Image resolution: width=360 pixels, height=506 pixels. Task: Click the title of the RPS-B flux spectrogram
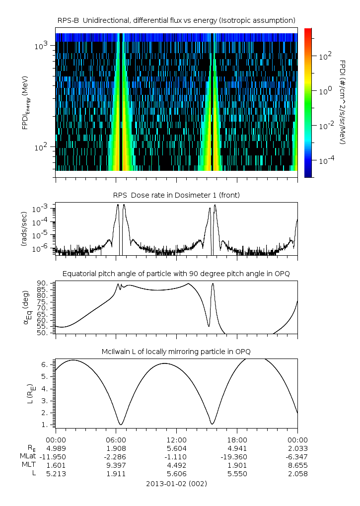pyautogui.click(x=176, y=21)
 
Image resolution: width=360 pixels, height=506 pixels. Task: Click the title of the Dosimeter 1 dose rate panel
pyautogui.click(x=176, y=195)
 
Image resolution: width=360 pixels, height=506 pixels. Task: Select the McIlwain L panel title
pyautogui.click(x=176, y=352)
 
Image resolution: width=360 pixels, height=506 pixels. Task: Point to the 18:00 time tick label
pyautogui.click(x=237, y=440)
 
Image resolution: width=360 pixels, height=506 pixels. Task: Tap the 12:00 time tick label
pyautogui.click(x=176, y=440)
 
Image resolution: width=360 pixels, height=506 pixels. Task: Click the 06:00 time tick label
pyautogui.click(x=116, y=440)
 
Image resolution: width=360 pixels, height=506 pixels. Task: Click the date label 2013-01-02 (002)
pyautogui.click(x=176, y=484)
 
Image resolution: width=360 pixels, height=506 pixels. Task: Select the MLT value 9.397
pyautogui.click(x=116, y=465)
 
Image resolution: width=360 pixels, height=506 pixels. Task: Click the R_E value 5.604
pyautogui.click(x=176, y=448)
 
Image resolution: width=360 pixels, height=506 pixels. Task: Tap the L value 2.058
pyautogui.click(x=298, y=474)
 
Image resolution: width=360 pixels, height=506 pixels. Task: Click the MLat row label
pyautogui.click(x=28, y=456)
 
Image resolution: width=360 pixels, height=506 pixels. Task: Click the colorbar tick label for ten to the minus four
pyautogui.click(x=325, y=160)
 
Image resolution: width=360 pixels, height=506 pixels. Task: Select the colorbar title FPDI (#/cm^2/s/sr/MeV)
pyautogui.click(x=343, y=102)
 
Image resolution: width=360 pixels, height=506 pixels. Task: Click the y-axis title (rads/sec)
pyautogui.click(x=24, y=229)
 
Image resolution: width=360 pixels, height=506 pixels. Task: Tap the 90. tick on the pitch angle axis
pyautogui.click(x=42, y=284)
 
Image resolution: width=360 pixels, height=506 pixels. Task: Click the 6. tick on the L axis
pyautogui.click(x=45, y=364)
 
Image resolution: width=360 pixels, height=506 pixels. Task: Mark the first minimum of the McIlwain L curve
pyautogui.click(x=121, y=425)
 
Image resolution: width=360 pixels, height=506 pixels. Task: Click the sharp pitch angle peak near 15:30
pyautogui.click(x=213, y=284)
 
